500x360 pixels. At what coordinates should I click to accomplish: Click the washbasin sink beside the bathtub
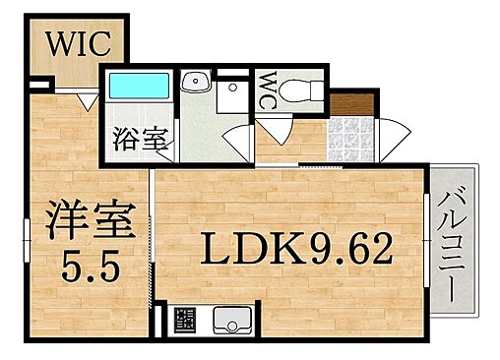[x=196, y=83]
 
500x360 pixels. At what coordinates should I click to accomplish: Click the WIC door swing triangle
[x=86, y=100]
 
